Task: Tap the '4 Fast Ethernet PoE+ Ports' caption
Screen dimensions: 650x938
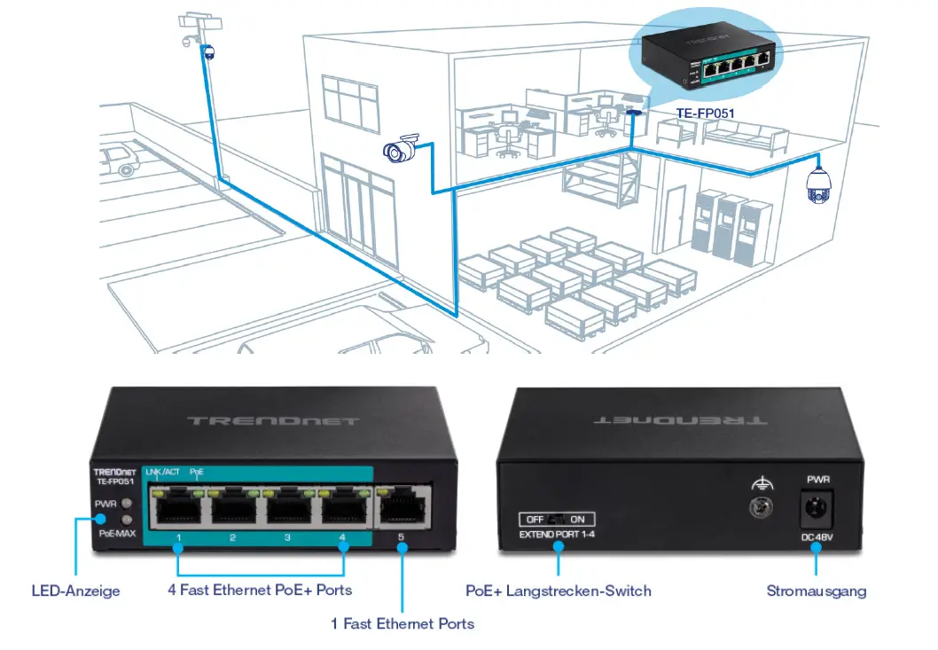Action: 260,590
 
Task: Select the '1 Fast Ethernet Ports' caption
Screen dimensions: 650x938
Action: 403,623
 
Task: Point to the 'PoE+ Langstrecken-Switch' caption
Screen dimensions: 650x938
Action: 559,591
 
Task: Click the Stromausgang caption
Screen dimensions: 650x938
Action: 817,591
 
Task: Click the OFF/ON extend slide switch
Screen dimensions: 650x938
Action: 557,520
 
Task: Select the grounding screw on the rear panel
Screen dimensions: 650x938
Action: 759,508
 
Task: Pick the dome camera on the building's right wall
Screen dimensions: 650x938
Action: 817,184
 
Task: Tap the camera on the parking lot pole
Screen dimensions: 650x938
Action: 209,52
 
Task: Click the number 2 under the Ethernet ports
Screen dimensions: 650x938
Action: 232,537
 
